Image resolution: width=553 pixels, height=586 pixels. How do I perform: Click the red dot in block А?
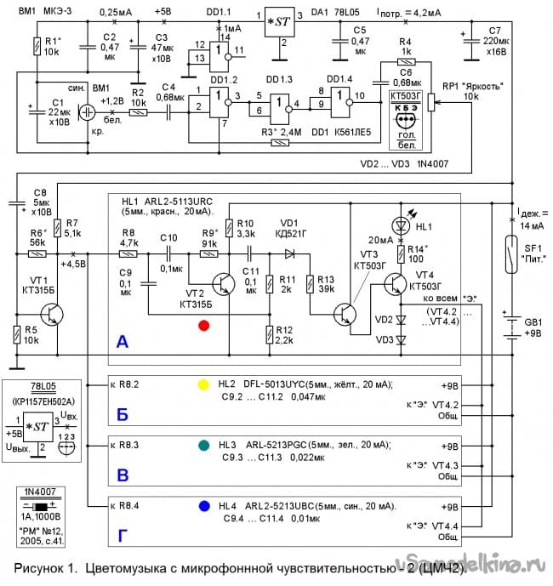click(x=202, y=325)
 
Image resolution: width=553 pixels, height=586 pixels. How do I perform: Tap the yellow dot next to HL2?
click(x=202, y=384)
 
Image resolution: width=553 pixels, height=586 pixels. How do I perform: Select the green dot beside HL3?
click(x=202, y=444)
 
